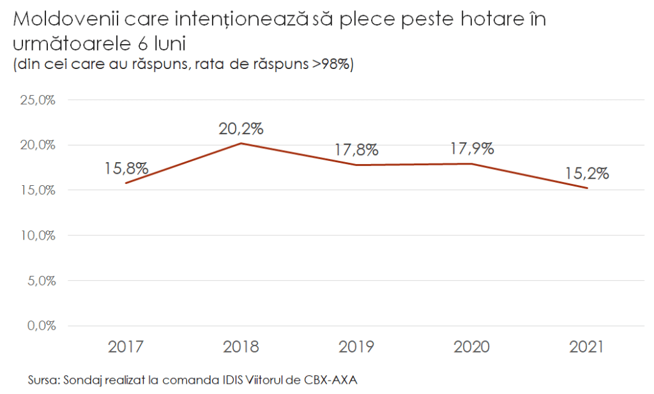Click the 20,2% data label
[x=241, y=128]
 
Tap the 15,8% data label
[x=126, y=169]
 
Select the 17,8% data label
[x=356, y=150]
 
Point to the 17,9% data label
[x=471, y=149]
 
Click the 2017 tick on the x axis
[x=126, y=347]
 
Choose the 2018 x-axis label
[x=241, y=347]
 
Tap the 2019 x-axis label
[x=356, y=347]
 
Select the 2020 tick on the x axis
[x=471, y=347]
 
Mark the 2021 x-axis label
[x=586, y=347]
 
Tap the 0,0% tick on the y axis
[x=42, y=325]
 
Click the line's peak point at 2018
[x=241, y=143]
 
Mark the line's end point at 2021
[x=587, y=188]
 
